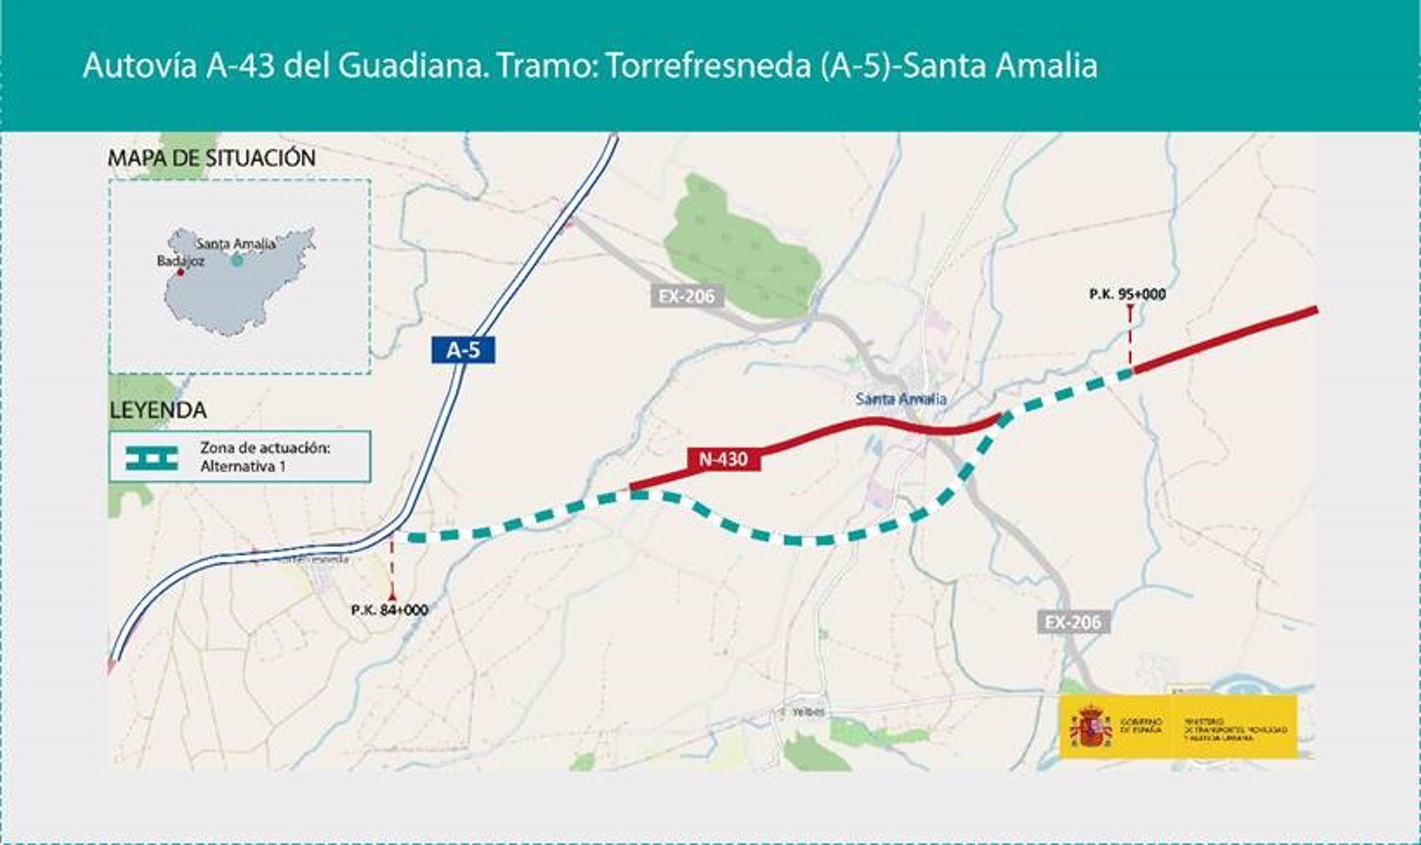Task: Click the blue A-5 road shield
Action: coord(463,350)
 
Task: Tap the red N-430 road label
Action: coord(723,459)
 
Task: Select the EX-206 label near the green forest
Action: coord(687,296)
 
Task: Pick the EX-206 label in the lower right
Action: coord(1072,622)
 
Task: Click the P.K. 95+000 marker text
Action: coord(1127,294)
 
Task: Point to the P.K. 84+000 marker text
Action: coord(389,610)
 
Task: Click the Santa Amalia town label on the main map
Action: coord(901,399)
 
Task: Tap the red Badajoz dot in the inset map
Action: coord(180,272)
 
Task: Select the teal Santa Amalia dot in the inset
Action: coord(236,260)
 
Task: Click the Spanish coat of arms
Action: coord(1089,727)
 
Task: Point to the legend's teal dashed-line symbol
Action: coord(152,458)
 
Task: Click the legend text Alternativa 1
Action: coord(243,467)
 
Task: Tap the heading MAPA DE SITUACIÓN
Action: coord(212,158)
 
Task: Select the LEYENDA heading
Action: coord(158,410)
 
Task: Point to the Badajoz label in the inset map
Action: coord(181,261)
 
